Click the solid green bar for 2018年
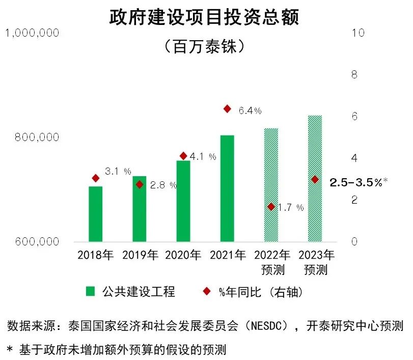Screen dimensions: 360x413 coord(95,214)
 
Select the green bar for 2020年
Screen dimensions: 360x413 coord(183,201)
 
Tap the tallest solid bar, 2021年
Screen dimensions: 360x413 coord(227,188)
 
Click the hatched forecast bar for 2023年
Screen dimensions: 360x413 coord(315,178)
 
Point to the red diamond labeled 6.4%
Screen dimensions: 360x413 coord(227,109)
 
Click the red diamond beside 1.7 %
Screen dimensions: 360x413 coord(271,207)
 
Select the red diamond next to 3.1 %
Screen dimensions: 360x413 coord(95,178)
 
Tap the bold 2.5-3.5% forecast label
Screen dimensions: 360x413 coord(356,182)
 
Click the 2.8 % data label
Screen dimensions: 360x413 coord(163,185)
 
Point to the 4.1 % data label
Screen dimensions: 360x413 coord(203,157)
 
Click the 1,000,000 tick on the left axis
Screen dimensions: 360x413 coord(32,33)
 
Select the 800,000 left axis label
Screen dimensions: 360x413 coord(39,137)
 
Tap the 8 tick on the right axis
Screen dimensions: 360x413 coord(355,74)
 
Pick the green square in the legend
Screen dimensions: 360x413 coord(90,291)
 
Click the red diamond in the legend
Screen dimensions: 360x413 coord(207,291)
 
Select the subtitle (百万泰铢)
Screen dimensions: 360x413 coord(206,47)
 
